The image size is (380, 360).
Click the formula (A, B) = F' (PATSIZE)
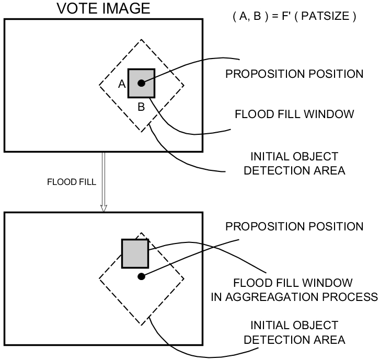coord(294,16)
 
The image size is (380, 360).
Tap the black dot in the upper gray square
coord(141,83)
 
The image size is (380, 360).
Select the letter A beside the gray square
coord(122,84)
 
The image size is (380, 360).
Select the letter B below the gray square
coord(141,107)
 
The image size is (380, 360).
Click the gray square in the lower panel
coord(135,253)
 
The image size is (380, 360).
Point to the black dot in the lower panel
coord(141,276)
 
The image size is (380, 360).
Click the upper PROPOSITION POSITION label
coord(294,74)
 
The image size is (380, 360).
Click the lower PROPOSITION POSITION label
coord(294,227)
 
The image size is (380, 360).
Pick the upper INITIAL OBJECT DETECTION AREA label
coord(294,162)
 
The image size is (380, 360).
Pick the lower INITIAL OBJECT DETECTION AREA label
coord(294,332)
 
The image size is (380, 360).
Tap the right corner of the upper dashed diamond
coord(183,86)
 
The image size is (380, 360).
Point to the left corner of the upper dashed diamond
coord(99,86)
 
